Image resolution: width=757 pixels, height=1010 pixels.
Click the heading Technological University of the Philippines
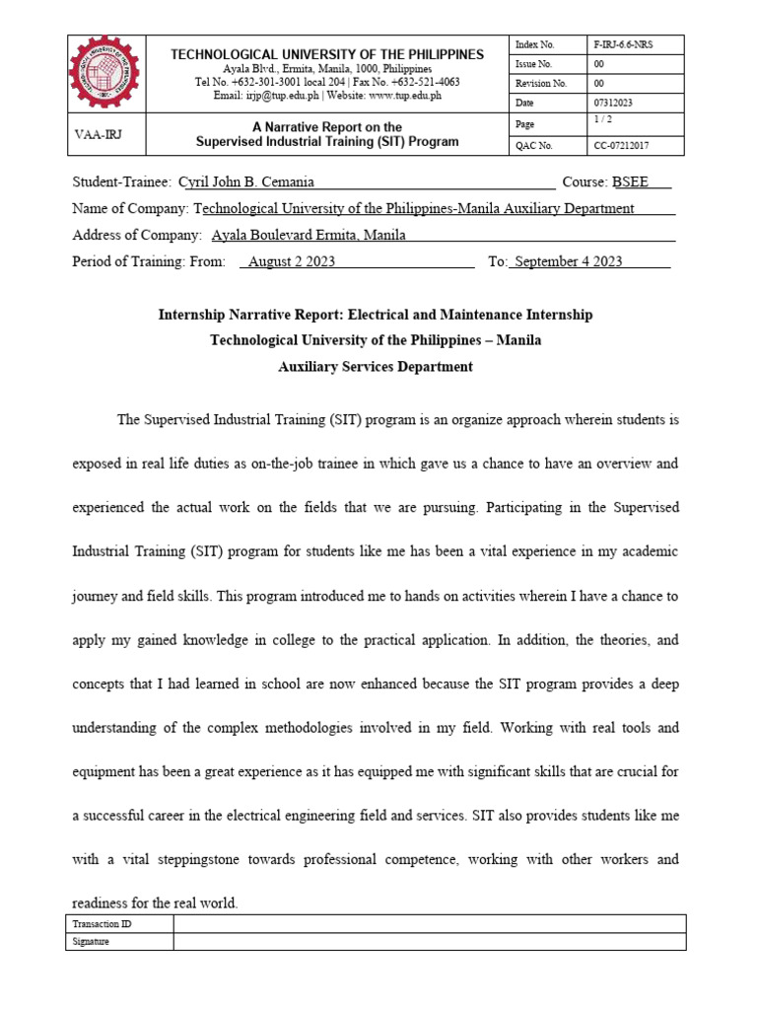pos(327,54)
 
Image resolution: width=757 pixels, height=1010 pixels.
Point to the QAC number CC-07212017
pos(621,146)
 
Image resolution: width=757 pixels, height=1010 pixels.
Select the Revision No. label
pos(540,84)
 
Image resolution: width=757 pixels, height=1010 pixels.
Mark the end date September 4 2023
pos(569,261)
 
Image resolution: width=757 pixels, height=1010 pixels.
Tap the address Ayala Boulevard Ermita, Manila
pos(309,235)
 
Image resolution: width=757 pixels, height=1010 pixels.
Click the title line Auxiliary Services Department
pos(376,367)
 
